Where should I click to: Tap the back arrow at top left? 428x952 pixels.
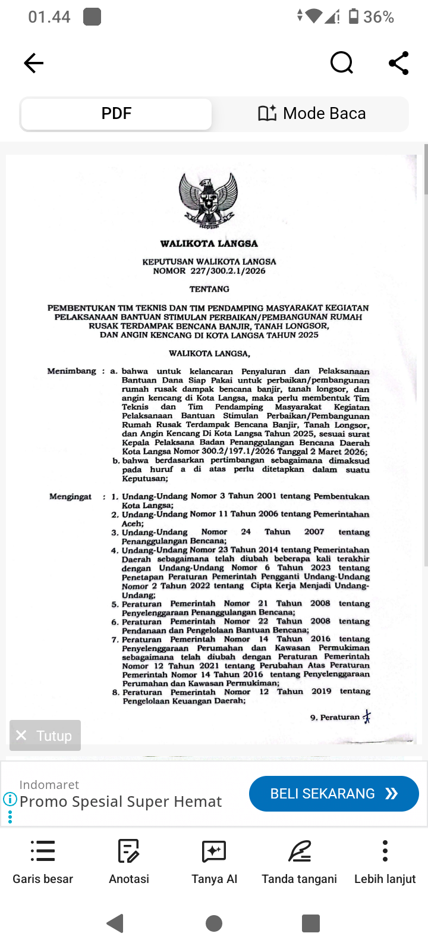[x=34, y=63]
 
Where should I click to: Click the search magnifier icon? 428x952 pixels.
[x=341, y=62]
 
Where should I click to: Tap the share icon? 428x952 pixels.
[x=398, y=63]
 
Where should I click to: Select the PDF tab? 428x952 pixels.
[x=117, y=114]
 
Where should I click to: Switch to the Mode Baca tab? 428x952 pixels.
[x=311, y=114]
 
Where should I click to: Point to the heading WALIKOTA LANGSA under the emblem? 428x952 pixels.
[x=209, y=243]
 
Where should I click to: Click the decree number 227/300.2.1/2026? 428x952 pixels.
[x=228, y=271]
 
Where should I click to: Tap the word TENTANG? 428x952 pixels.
[x=209, y=289]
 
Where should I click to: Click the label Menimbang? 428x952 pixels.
[x=71, y=371]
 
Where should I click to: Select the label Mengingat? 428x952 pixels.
[x=70, y=496]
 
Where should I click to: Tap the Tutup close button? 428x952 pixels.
[x=45, y=735]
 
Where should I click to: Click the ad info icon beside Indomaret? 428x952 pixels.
[x=10, y=799]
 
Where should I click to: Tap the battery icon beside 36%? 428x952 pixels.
[x=354, y=17]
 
